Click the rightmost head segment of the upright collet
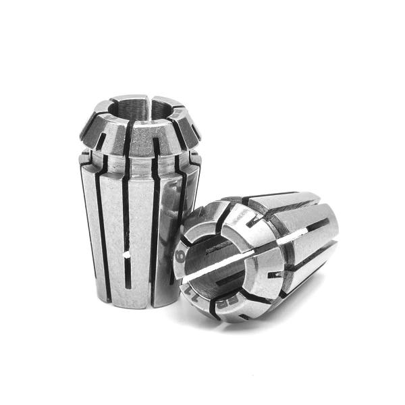[192, 128]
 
